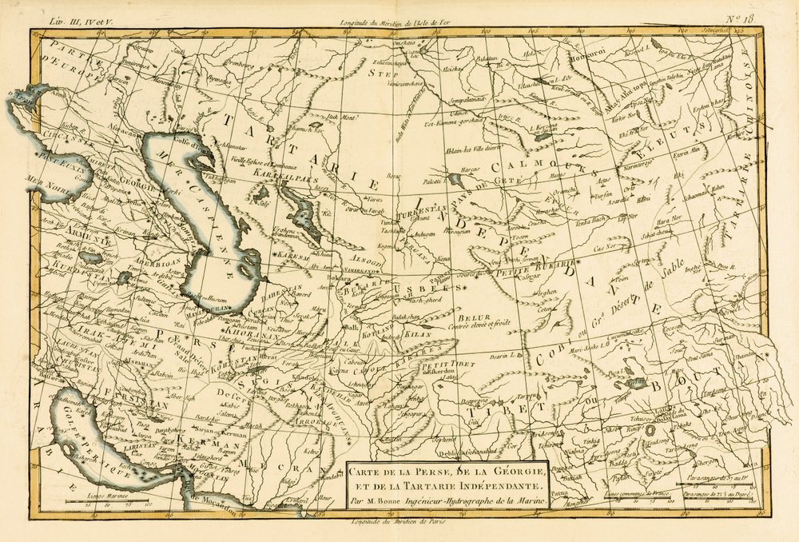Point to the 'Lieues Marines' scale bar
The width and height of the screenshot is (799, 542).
(x=100, y=500)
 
